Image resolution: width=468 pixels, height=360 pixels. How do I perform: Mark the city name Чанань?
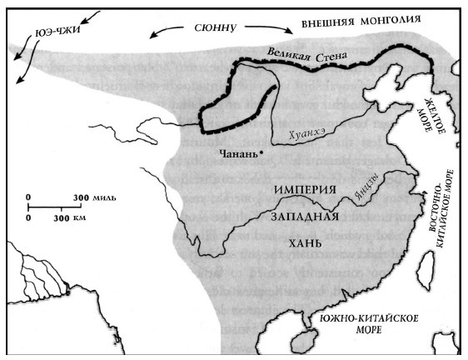pos(237,153)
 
